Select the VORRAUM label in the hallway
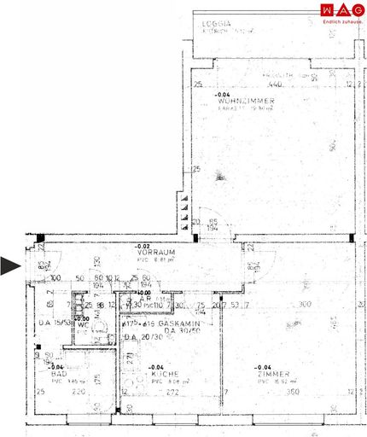click(x=155, y=253)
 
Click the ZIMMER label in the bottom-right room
click(x=277, y=374)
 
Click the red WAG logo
click(x=339, y=10)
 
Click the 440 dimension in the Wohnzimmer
click(x=275, y=85)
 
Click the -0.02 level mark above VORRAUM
click(x=145, y=246)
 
